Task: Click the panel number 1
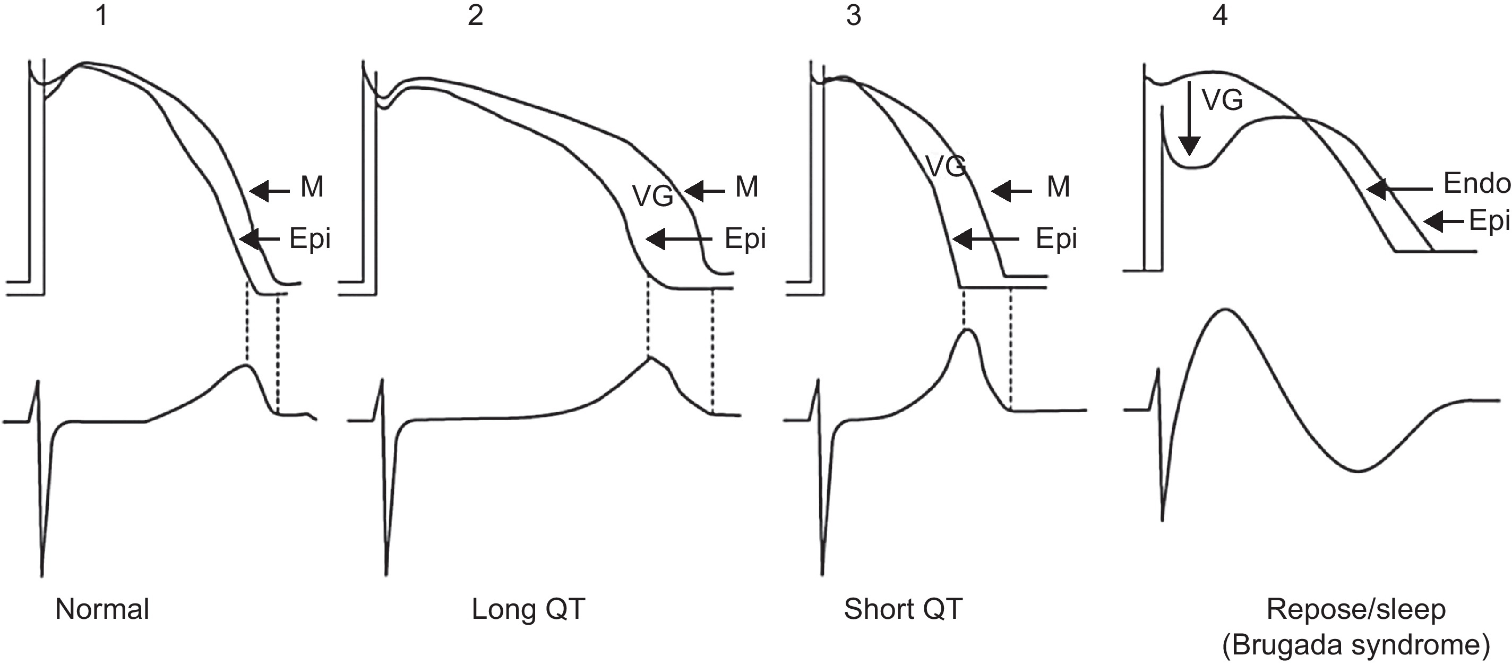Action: click(102, 15)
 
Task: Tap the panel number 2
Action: click(476, 15)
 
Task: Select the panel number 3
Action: click(854, 15)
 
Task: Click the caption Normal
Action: click(102, 609)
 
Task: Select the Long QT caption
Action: click(528, 609)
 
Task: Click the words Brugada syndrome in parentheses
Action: click(1356, 645)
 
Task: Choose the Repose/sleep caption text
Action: click(1356, 609)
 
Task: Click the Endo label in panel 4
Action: click(1476, 184)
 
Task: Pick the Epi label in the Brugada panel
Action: click(1489, 221)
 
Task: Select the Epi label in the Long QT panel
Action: click(745, 239)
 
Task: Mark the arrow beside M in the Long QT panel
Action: click(705, 191)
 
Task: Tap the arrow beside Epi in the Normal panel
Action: click(260, 239)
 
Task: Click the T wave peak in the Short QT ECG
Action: click(966, 331)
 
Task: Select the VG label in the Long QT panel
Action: click(652, 195)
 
